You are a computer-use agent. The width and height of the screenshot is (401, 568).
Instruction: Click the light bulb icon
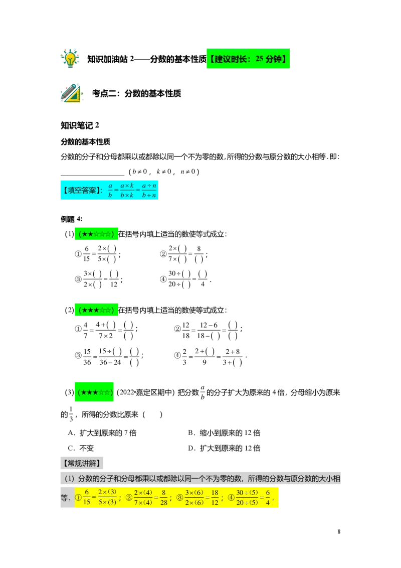point(70,58)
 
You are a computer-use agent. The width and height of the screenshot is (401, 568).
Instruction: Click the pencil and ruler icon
point(71,93)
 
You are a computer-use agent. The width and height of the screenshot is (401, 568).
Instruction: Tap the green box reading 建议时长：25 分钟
point(248,59)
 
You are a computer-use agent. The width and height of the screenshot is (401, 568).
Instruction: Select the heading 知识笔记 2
point(80,125)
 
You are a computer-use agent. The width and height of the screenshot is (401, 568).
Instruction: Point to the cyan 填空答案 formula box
point(109,190)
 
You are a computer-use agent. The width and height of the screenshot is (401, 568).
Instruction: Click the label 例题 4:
point(72,219)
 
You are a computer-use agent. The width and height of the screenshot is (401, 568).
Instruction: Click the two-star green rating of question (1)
point(96,234)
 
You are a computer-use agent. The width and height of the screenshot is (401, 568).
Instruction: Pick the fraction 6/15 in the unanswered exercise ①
point(87,253)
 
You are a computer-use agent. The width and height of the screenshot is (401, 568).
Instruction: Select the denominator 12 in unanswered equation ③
point(114,285)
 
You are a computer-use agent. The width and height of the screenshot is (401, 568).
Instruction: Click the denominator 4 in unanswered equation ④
point(203,285)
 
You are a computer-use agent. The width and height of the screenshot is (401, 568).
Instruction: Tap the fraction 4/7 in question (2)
point(85,330)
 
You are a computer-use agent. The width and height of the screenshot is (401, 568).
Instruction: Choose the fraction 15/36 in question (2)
point(87,357)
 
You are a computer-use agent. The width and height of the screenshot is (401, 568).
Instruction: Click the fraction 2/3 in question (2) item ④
point(184,357)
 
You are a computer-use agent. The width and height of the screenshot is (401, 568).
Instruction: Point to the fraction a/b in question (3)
point(203,393)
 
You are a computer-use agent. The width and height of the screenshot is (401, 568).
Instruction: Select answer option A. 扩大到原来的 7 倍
point(102,433)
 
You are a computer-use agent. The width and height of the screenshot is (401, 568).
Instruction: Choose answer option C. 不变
point(81,448)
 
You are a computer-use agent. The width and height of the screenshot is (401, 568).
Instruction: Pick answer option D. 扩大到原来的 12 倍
point(224,448)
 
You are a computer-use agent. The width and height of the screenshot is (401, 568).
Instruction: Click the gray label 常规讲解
point(82,463)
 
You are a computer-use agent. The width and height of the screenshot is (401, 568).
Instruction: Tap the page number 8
point(339,532)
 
